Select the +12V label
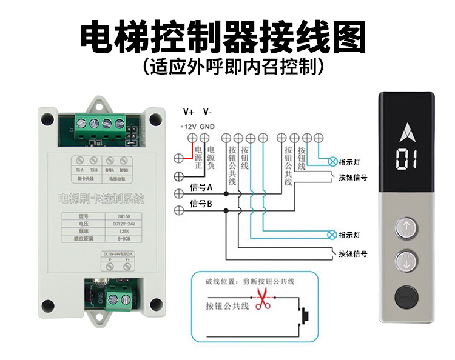pyautogui.click(x=189, y=126)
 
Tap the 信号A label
pyautogui.click(x=201, y=187)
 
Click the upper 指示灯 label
pyautogui.click(x=351, y=162)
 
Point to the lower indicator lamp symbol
pyautogui.click(x=331, y=235)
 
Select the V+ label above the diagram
pyautogui.click(x=189, y=112)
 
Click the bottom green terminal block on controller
pyautogui.click(x=118, y=298)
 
